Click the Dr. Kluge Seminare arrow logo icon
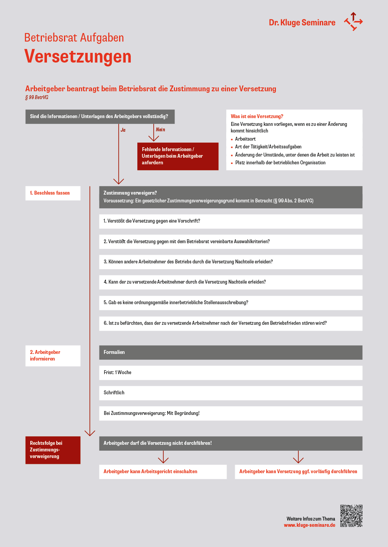click(353, 21)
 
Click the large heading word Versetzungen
click(78, 57)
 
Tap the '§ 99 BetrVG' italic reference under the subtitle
click(37, 98)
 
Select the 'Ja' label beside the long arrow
click(123, 130)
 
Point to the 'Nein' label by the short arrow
click(160, 130)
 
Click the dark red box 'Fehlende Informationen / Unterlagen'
click(178, 156)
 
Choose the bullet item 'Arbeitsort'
click(245, 139)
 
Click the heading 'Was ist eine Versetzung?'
click(257, 116)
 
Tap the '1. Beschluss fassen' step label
click(53, 193)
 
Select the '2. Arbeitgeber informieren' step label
click(53, 355)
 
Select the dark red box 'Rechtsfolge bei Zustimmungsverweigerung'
click(53, 450)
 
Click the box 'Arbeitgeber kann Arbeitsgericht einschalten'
click(163, 472)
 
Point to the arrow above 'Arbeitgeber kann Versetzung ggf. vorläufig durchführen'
click(298, 457)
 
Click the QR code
click(351, 516)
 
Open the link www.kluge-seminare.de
click(309, 525)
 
